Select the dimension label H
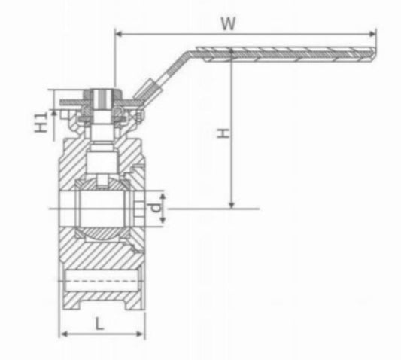click(x=222, y=133)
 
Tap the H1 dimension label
click(x=43, y=121)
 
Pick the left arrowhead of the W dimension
click(x=118, y=32)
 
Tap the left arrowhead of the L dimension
click(x=63, y=334)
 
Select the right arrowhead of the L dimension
click(x=141, y=334)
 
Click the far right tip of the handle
click(x=375, y=53)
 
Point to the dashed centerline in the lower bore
click(x=98, y=282)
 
